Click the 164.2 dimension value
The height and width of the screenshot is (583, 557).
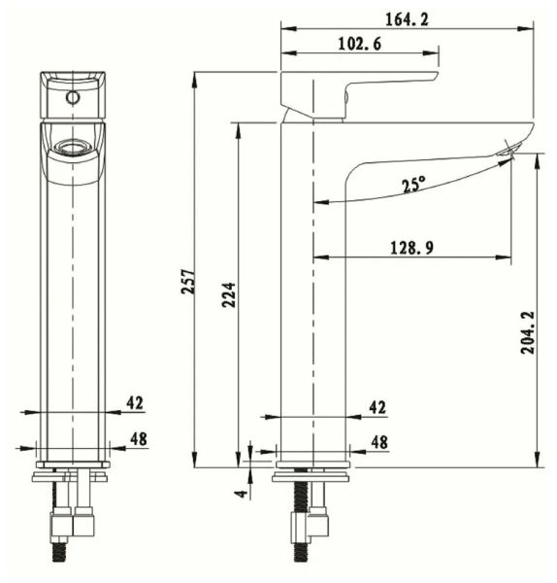pyautogui.click(x=409, y=17)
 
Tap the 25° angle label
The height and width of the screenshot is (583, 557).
pyautogui.click(x=414, y=184)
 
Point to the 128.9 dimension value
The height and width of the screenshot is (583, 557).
pyautogui.click(x=411, y=248)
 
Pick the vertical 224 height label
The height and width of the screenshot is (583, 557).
pyautogui.click(x=229, y=293)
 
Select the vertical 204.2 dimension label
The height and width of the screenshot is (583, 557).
pyautogui.click(x=526, y=332)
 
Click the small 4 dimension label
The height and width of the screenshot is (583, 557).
pyautogui.click(x=241, y=493)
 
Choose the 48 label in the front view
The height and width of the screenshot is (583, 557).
pyautogui.click(x=138, y=439)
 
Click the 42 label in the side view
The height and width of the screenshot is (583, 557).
pyautogui.click(x=377, y=407)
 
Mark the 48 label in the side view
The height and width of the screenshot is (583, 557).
pyautogui.click(x=378, y=442)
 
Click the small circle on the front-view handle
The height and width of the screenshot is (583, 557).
pyautogui.click(x=73, y=98)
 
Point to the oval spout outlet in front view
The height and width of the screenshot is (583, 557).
pyautogui.click(x=72, y=148)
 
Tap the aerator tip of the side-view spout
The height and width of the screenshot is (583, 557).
pyautogui.click(x=510, y=149)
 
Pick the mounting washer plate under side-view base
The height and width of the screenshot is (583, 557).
pyautogui.click(x=312, y=476)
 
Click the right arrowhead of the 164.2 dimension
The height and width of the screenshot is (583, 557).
pyautogui.click(x=531, y=27)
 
